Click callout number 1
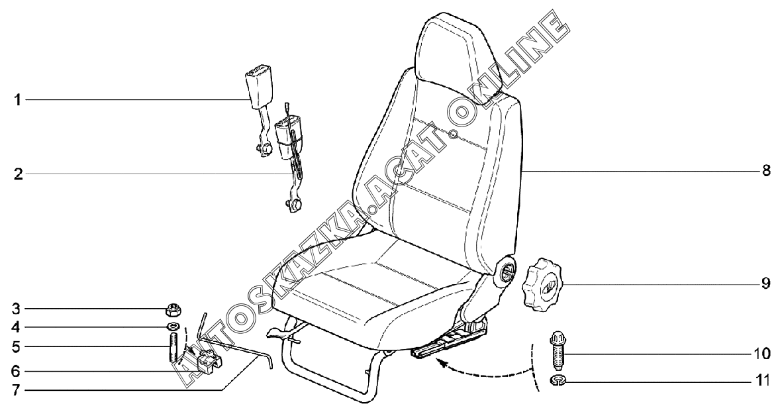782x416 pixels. click(x=19, y=100)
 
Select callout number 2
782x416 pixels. click(x=19, y=175)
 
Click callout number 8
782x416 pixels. click(x=765, y=170)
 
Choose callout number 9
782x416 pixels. click(x=765, y=284)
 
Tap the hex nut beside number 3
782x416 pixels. click(x=173, y=309)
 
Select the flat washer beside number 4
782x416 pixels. click(x=173, y=327)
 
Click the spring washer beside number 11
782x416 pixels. click(x=558, y=380)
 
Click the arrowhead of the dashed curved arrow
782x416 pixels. click(x=440, y=363)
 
